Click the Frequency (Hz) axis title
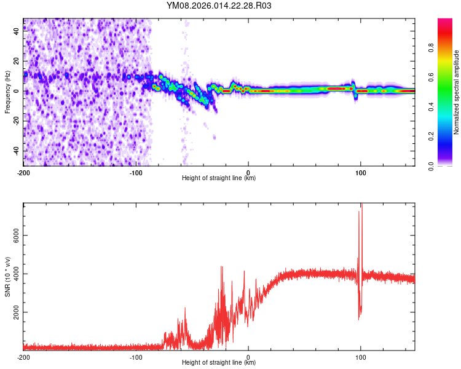pyautogui.click(x=7, y=91)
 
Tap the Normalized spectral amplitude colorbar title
pyautogui.click(x=457, y=92)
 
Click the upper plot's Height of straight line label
pyautogui.click(x=219, y=178)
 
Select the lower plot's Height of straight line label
pyautogui.click(x=219, y=362)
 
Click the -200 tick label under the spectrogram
pyautogui.click(x=23, y=172)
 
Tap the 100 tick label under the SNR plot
pyautogui.click(x=361, y=357)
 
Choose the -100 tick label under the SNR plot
pyautogui.click(x=136, y=357)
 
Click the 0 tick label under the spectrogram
pyautogui.click(x=248, y=172)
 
